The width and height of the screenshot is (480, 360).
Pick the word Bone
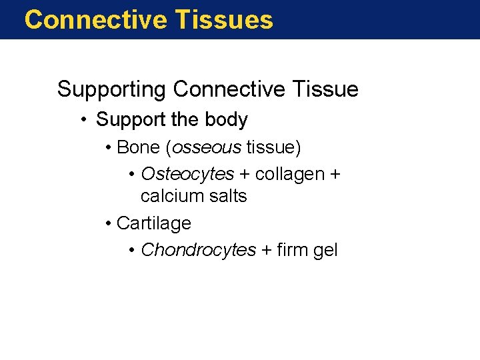(136, 146)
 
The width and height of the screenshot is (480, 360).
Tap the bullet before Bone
(109, 147)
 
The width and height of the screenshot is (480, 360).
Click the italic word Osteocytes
(187, 174)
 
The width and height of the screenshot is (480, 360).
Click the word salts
(227, 196)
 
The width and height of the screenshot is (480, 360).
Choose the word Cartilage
(153, 223)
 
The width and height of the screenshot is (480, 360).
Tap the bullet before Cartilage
(109, 223)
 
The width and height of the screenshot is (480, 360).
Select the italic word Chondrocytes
(198, 250)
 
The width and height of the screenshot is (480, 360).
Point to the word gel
(326, 251)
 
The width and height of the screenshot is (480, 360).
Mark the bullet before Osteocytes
(133, 175)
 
